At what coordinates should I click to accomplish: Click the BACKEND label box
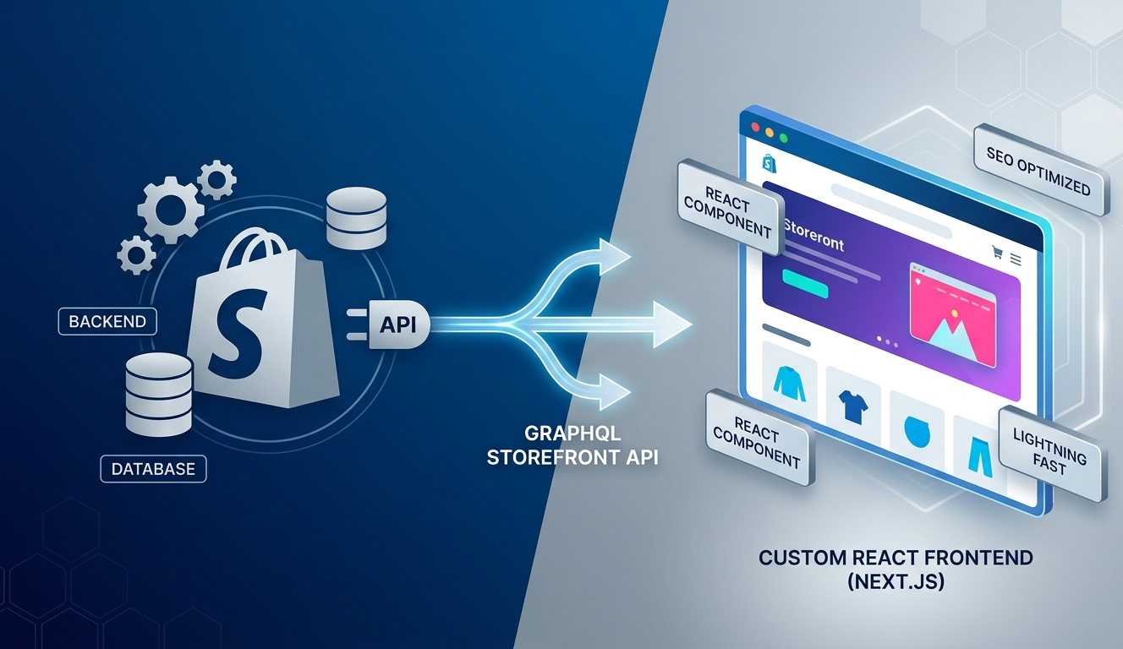[x=107, y=321]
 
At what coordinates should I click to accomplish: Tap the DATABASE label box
[x=153, y=469]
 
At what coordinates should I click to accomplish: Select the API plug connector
[x=389, y=324]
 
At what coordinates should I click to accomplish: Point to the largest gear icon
[x=171, y=210]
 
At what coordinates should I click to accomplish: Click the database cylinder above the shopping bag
[x=357, y=218]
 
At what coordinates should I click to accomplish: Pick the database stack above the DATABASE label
[x=159, y=394]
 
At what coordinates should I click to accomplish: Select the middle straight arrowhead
[x=671, y=324]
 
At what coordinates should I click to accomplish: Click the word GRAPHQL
[x=572, y=433]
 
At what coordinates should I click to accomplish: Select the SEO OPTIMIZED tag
[x=1040, y=171]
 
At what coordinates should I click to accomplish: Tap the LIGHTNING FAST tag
[x=1052, y=453]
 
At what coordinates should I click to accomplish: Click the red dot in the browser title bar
[x=755, y=127]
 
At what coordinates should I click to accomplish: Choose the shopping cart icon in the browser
[x=997, y=252]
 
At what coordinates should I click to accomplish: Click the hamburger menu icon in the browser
[x=1016, y=259]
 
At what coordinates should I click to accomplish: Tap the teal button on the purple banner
[x=805, y=283]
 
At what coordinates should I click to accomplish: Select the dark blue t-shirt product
[x=853, y=406]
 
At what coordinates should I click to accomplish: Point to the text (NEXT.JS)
[x=896, y=581]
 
